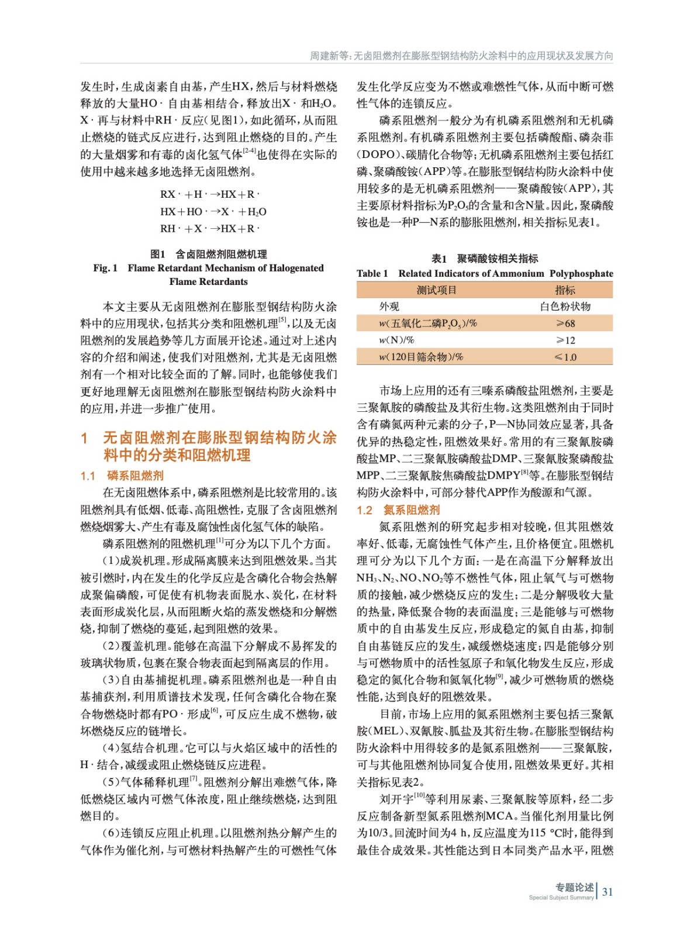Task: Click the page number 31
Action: pyautogui.click(x=607, y=892)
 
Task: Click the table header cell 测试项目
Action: pyautogui.click(x=436, y=290)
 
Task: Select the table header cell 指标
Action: pyautogui.click(x=565, y=290)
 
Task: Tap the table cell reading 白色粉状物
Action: pyautogui.click(x=565, y=307)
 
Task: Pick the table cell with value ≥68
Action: pyautogui.click(x=565, y=324)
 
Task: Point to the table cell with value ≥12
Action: pyautogui.click(x=565, y=340)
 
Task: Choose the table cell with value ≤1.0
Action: pyautogui.click(x=565, y=357)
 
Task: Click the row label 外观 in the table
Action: pyautogui.click(x=389, y=307)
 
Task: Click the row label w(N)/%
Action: pyautogui.click(x=396, y=340)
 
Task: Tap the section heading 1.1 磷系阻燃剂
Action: pyautogui.click(x=122, y=476)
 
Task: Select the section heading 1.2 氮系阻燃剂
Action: pyautogui.click(x=398, y=510)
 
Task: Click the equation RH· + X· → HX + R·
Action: pyautogui.click(x=209, y=228)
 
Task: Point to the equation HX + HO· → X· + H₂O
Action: pyautogui.click(x=213, y=211)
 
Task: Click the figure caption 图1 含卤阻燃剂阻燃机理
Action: pyautogui.click(x=208, y=254)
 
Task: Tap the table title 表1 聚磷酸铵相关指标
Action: pyautogui.click(x=485, y=258)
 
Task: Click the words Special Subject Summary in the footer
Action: pyautogui.click(x=561, y=897)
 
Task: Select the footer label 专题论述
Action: pyautogui.click(x=574, y=887)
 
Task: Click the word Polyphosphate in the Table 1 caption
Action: pyautogui.click(x=581, y=273)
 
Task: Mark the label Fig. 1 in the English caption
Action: pyautogui.click(x=105, y=268)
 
